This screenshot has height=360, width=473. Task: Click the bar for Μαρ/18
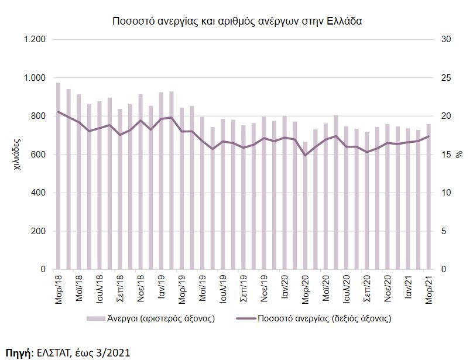[x=58, y=176]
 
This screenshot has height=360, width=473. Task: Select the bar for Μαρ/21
[x=429, y=197]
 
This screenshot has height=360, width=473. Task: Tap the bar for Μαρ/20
[x=305, y=205]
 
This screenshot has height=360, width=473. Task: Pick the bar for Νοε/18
[x=140, y=181]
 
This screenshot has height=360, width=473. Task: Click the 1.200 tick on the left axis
[x=34, y=39]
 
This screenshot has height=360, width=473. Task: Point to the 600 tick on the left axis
[x=37, y=155]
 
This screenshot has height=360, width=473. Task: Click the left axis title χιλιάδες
[x=17, y=154]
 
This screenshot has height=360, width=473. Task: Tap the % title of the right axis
[x=459, y=155]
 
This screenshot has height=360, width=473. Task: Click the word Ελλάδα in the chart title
[x=346, y=21]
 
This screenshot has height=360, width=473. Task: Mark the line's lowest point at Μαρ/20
[x=305, y=155]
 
